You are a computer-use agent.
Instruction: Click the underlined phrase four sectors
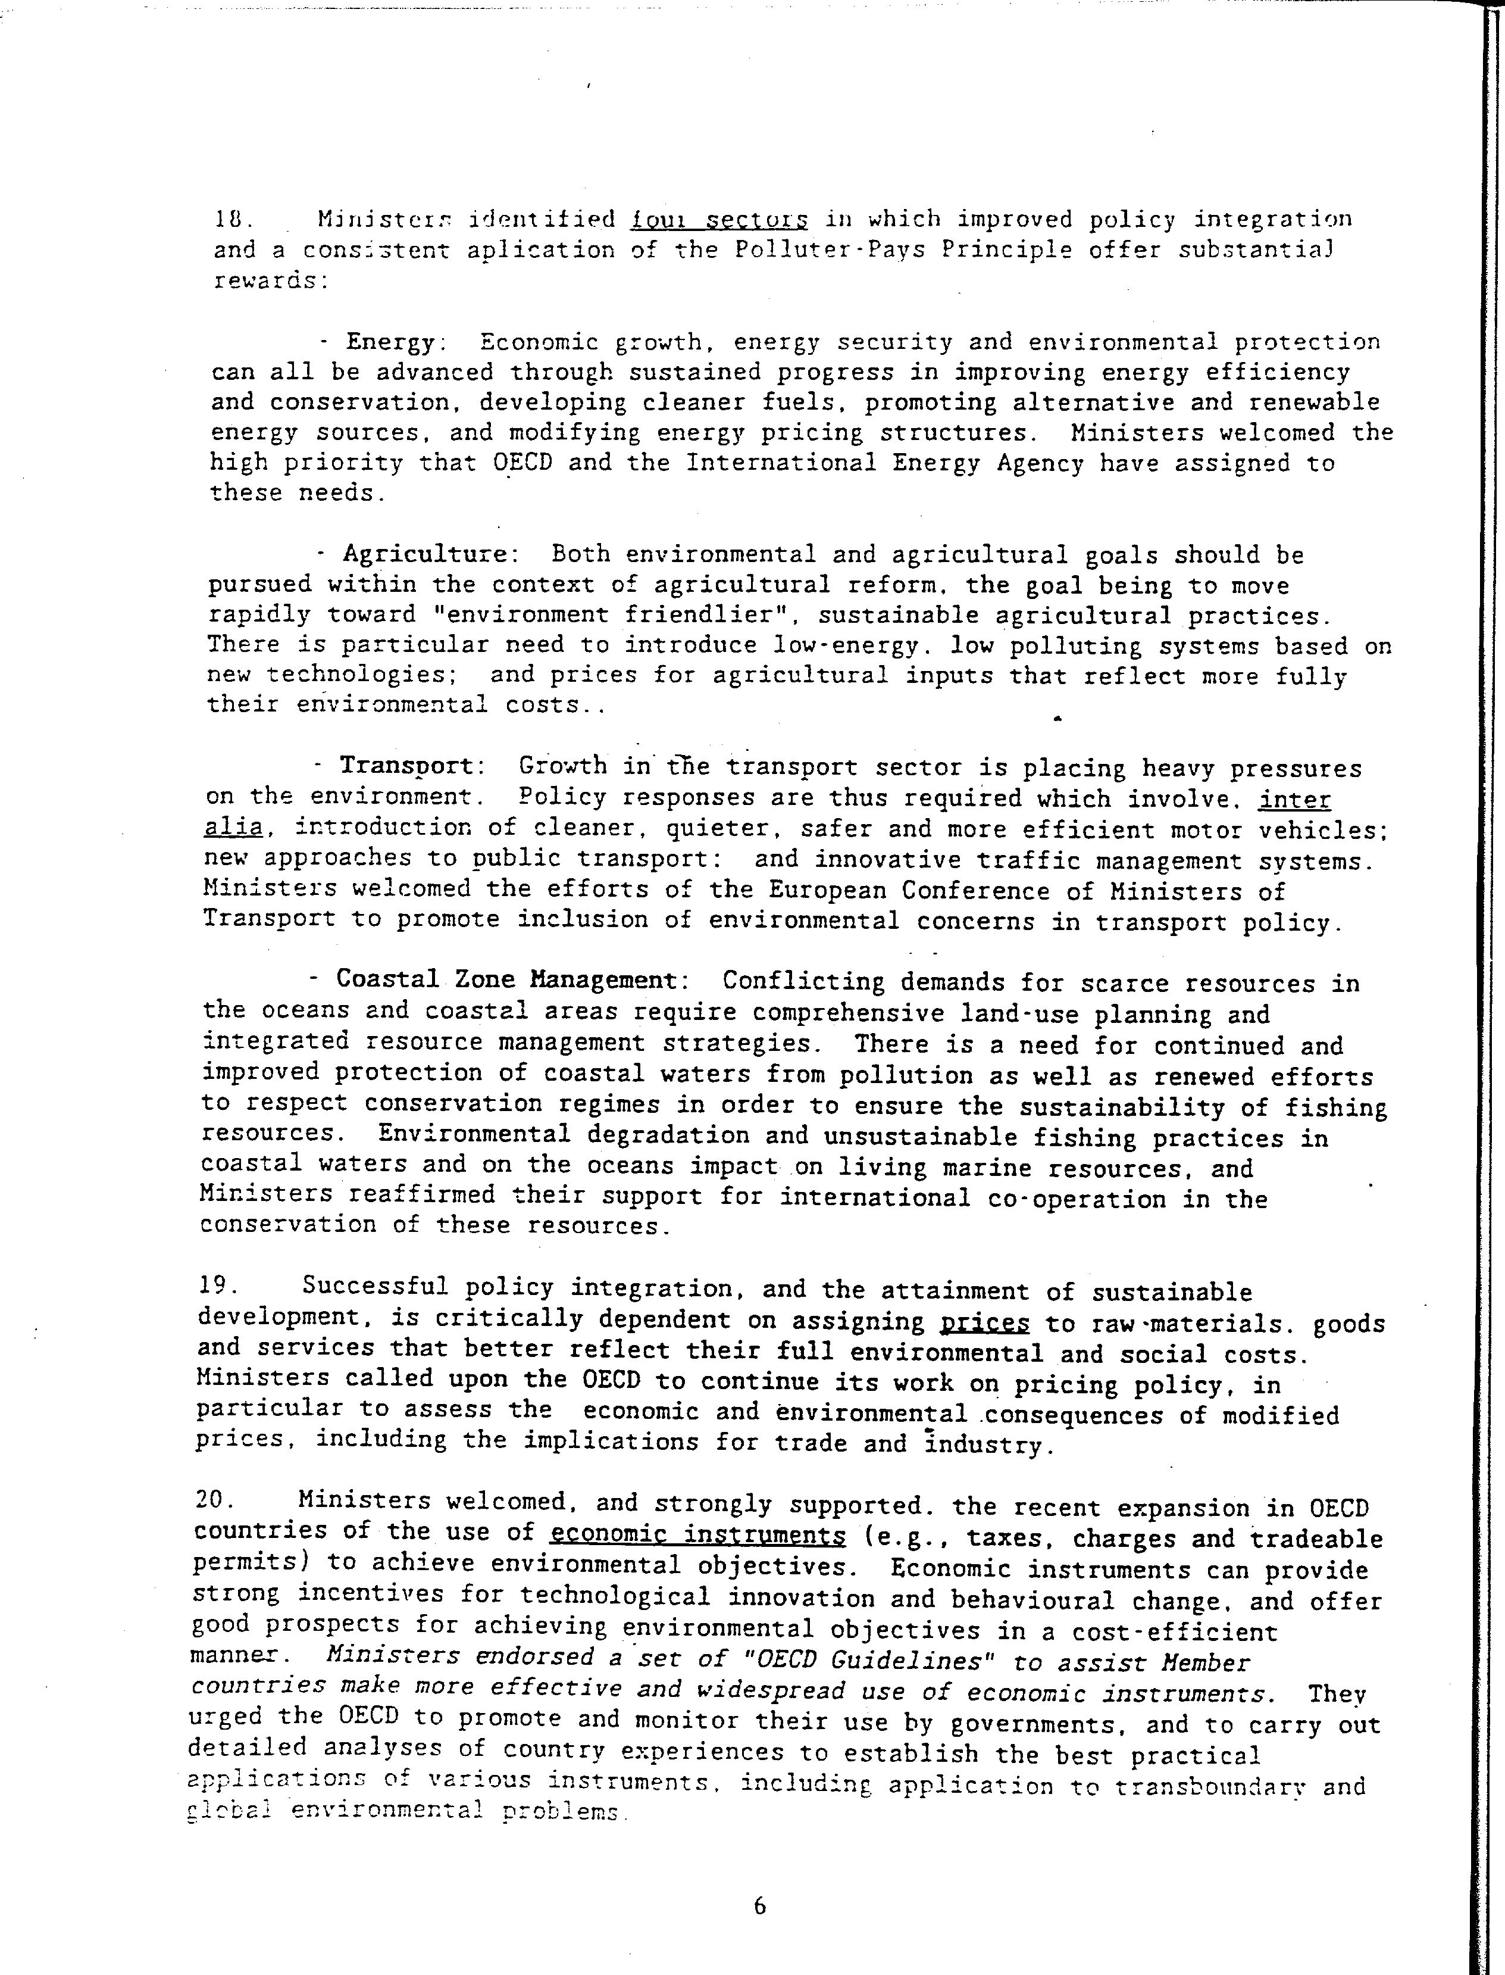[719, 220]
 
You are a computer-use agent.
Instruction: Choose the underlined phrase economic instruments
[698, 1535]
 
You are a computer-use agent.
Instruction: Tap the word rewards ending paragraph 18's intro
[265, 280]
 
